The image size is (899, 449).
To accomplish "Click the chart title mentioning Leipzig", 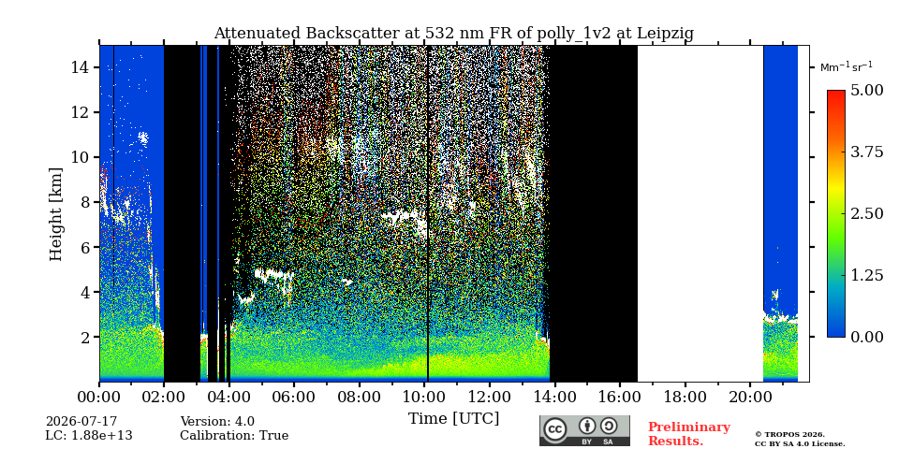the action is coord(453,34).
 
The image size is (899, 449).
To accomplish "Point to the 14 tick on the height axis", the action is coord(80,67).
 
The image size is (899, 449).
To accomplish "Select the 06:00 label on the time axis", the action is coord(293,397).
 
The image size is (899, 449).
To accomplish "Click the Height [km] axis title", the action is coord(55,214).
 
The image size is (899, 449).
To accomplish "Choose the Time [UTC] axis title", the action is coord(453,419).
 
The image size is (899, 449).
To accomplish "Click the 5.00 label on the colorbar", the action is coord(867,90).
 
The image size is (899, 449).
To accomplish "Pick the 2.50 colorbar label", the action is coord(867,213).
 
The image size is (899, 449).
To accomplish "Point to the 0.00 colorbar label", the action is coord(867,337).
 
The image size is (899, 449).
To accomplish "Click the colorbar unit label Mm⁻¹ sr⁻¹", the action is coord(847,66).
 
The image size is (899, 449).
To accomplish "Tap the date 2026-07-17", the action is coord(81,422).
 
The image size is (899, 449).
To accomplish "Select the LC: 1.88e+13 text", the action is coord(89,436).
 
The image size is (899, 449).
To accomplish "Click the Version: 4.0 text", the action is coord(217,422).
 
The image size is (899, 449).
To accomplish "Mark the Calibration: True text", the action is coord(234,436).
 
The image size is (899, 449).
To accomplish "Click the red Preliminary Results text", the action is coord(689,434).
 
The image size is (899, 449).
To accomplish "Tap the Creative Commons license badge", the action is coord(584,430).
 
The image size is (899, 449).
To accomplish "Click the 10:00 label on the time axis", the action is coord(423,397).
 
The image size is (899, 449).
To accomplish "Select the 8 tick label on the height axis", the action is coord(85,202).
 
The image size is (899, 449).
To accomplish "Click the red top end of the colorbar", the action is coord(836,92).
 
